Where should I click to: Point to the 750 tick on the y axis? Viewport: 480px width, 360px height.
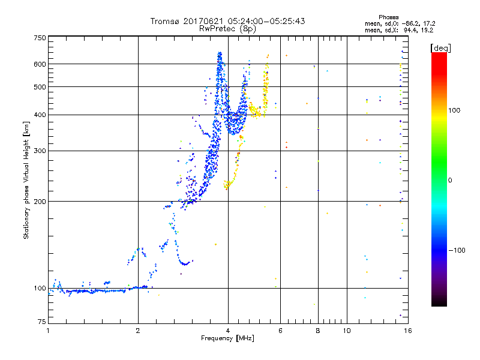click(x=40, y=38)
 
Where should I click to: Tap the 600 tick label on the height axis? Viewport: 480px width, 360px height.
click(x=40, y=64)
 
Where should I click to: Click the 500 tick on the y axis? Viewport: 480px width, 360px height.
click(x=40, y=87)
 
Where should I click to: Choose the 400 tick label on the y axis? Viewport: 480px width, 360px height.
click(x=40, y=115)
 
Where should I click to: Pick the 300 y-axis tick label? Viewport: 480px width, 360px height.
click(x=40, y=151)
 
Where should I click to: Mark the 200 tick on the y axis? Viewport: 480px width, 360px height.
click(x=40, y=202)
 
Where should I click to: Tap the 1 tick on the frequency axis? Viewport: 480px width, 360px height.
click(x=48, y=331)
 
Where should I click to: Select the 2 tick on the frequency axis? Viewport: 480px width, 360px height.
click(x=138, y=331)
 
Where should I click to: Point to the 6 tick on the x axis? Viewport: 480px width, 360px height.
click(x=280, y=331)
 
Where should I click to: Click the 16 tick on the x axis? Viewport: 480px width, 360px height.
click(x=407, y=331)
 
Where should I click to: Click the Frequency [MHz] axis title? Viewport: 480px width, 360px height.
click(x=227, y=338)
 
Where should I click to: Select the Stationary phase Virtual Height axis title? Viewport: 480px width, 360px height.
click(x=26, y=181)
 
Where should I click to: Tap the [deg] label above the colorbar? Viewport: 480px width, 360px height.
click(x=440, y=47)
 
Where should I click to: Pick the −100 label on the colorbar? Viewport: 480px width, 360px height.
click(x=459, y=250)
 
